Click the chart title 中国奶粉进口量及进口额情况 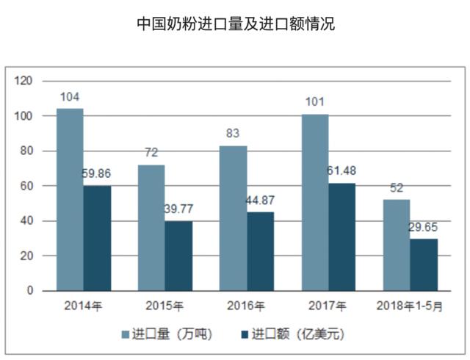(x=235, y=24)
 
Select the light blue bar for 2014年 (x=70, y=199)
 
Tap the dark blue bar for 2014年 (x=97, y=238)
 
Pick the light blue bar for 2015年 (x=151, y=227)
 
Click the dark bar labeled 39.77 (x=178, y=256)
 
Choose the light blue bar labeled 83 (x=234, y=217)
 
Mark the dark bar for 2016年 (x=261, y=251)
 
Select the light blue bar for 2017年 (x=315, y=202)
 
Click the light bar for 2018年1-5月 (x=397, y=245)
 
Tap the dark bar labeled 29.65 (x=424, y=264)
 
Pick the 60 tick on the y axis (x=26, y=186)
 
